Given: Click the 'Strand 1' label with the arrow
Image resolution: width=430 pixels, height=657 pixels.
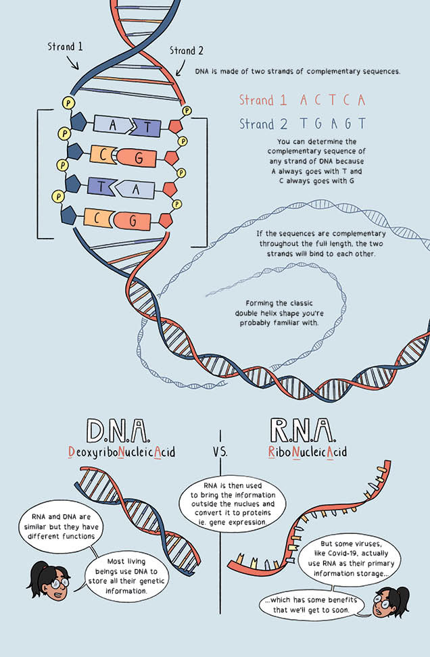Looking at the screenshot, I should pos(65,47).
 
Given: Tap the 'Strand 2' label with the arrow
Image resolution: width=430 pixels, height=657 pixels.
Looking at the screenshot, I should pos(187,51).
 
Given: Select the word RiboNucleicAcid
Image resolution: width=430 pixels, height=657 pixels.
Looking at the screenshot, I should pos(308,452).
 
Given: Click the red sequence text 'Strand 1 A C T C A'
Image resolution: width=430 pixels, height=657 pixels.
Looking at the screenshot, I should pos(302,101).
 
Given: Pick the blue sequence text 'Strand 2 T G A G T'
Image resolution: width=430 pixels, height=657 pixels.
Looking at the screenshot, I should pos(302,124).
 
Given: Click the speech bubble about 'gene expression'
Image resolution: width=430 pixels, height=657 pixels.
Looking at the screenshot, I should pos(232,506).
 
